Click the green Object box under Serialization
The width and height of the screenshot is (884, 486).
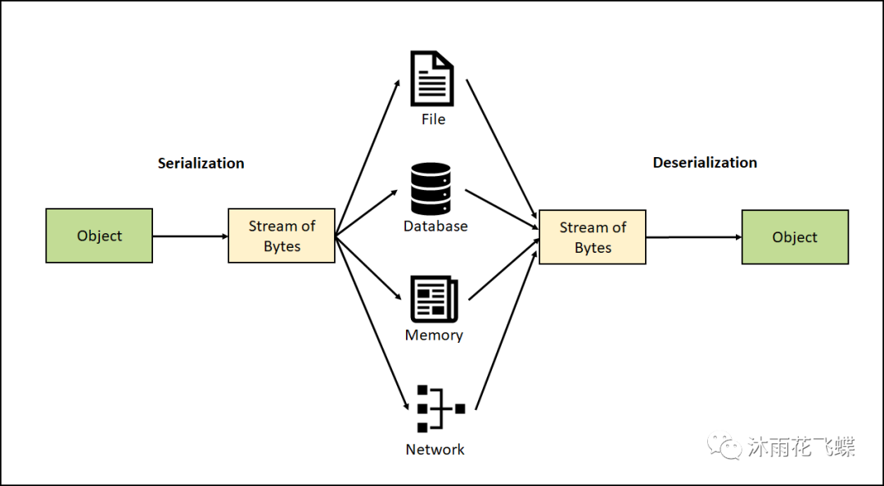99,236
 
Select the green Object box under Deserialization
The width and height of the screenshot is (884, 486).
795,237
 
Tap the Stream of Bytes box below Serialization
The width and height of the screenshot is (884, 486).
282,236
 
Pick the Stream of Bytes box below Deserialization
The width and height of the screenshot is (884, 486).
593,237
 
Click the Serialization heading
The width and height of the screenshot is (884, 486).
201,163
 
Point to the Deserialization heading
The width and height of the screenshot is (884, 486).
705,163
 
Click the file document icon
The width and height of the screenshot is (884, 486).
432,79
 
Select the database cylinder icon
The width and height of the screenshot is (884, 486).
431,188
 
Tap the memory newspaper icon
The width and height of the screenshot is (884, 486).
434,299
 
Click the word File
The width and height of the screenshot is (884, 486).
433,119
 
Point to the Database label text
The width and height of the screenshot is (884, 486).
435,226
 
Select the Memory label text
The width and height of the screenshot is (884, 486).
434,335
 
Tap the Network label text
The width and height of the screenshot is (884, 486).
435,449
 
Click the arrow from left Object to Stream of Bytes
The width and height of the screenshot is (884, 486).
190,236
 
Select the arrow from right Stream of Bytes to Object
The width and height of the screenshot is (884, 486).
693,237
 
